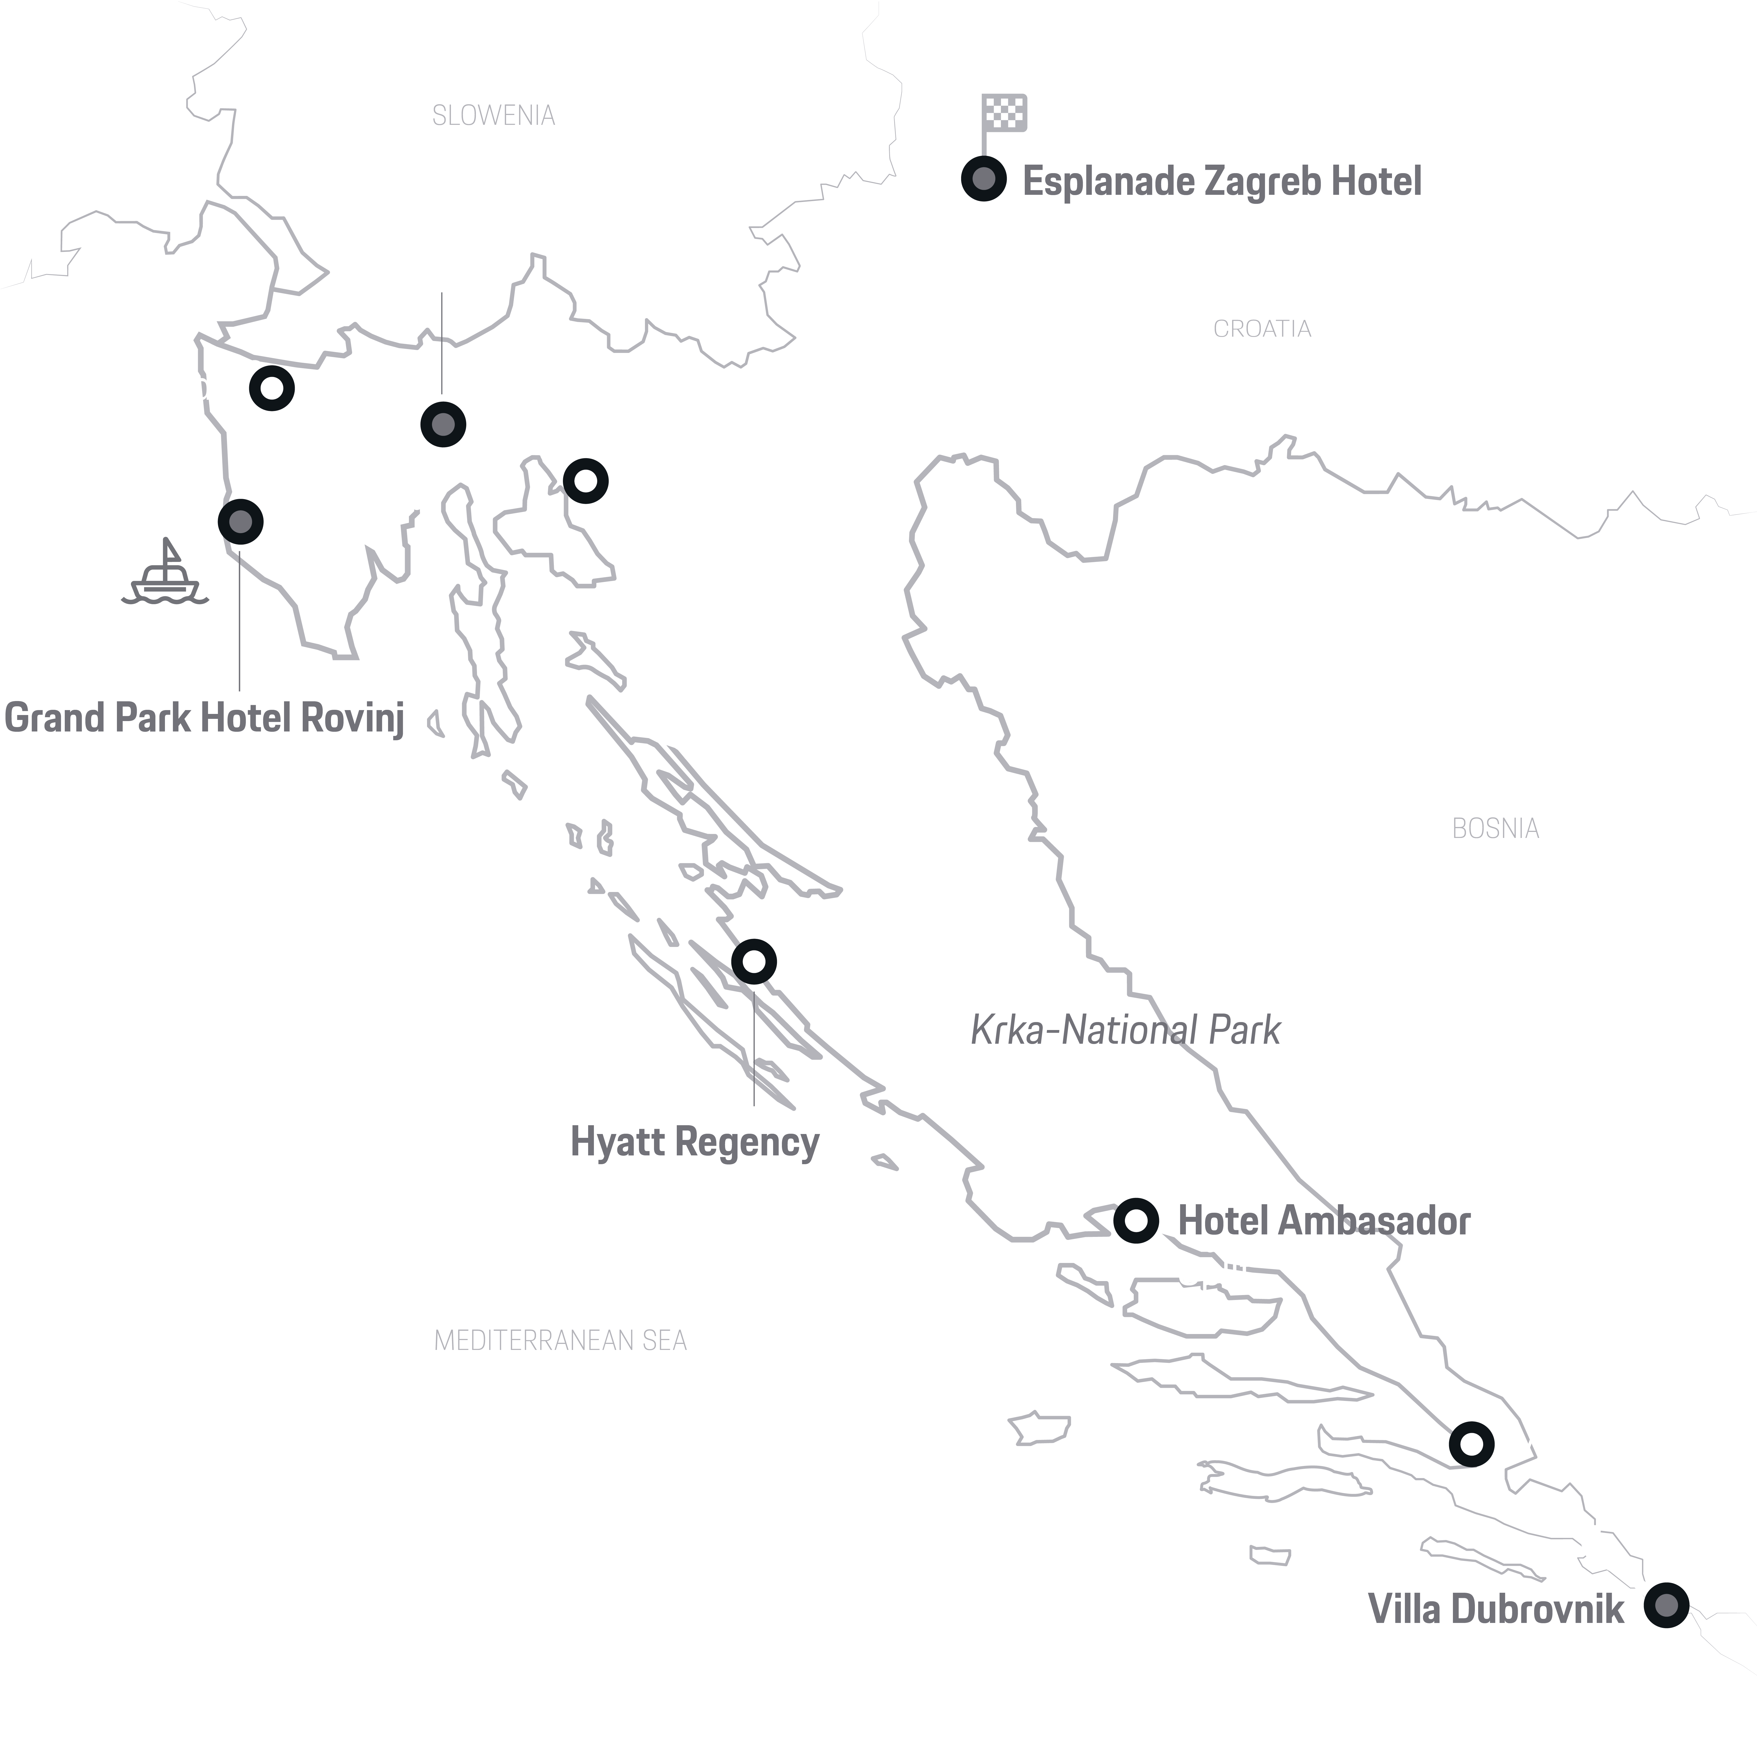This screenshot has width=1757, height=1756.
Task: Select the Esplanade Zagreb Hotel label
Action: coord(1221,181)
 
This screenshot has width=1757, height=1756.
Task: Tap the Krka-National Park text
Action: coord(1125,1030)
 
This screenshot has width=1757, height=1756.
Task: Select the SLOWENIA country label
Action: coord(493,116)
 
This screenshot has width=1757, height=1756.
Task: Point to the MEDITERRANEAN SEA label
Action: coord(560,1340)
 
